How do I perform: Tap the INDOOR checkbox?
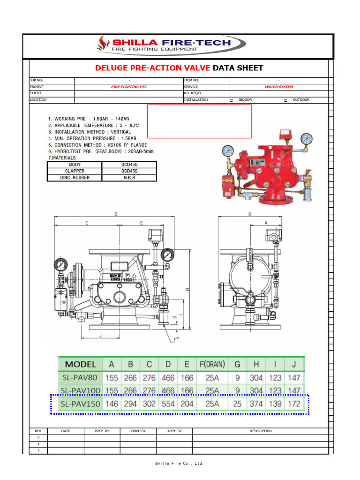(x=231, y=100)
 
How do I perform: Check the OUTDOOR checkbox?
(x=285, y=100)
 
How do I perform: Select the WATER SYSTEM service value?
(x=278, y=87)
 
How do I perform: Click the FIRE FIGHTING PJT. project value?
(x=128, y=87)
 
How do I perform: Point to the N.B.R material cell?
(x=129, y=178)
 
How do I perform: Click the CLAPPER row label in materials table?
(x=75, y=171)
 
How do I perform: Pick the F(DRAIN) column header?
(x=212, y=364)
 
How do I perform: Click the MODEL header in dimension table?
(x=80, y=364)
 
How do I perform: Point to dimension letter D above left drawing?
(x=116, y=214)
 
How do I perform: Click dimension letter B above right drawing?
(x=250, y=214)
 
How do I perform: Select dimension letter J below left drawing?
(x=100, y=335)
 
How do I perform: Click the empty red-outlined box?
(x=200, y=121)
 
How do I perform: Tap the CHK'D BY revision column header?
(x=138, y=431)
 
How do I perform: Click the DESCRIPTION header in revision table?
(x=260, y=431)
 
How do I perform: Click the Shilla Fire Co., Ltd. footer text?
(x=180, y=464)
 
